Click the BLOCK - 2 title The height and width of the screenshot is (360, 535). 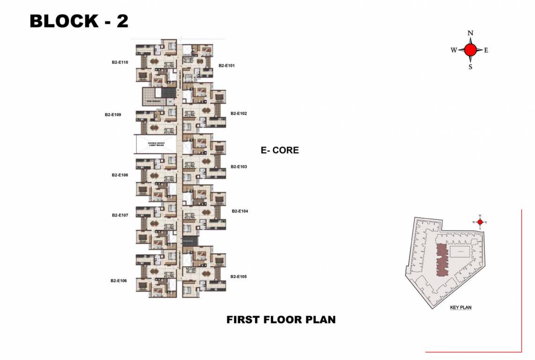click(79, 22)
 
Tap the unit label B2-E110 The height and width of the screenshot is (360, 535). click(120, 62)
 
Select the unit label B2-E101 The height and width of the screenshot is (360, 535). click(226, 66)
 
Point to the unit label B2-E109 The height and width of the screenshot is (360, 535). click(113, 114)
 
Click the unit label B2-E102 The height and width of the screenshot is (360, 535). click(238, 113)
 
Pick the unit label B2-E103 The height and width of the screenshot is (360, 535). click(238, 167)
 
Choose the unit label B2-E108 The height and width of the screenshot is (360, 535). click(120, 175)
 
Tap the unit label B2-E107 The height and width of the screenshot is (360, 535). click(120, 215)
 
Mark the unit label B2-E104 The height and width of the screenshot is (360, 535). click(240, 211)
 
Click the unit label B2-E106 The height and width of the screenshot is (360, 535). click(119, 281)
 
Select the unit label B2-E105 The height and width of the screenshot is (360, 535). click(238, 277)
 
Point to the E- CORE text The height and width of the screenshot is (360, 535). click(280, 150)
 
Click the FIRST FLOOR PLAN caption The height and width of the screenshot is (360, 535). click(281, 320)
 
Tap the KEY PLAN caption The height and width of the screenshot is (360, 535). click(461, 308)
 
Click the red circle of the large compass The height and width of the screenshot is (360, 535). click(471, 50)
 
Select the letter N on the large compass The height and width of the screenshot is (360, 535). click(471, 33)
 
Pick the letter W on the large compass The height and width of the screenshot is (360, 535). click(454, 50)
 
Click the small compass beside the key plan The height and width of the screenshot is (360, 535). click(480, 222)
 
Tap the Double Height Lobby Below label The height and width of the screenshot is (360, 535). click(155, 144)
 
